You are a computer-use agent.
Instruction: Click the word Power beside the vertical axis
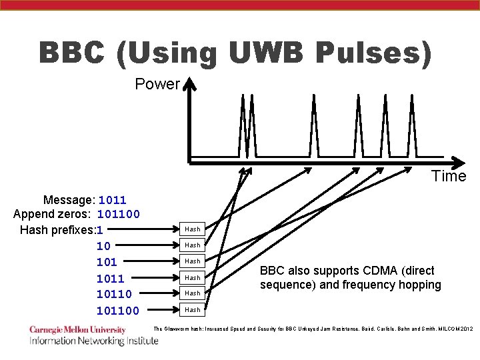[x=157, y=85]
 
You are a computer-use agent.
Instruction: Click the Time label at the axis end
[x=449, y=177]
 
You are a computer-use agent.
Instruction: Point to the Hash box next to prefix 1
[x=193, y=229]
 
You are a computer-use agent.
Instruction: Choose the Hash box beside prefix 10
[x=193, y=245]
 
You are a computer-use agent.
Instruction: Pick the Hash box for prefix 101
[x=193, y=261]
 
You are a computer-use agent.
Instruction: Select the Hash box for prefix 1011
[x=193, y=277]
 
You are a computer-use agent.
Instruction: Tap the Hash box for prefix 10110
[x=193, y=293]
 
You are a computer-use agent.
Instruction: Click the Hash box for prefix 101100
[x=193, y=310]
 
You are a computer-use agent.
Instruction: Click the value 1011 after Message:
[x=112, y=200]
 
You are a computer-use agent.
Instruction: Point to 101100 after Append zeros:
[x=119, y=215]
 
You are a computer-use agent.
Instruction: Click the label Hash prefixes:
[x=57, y=230]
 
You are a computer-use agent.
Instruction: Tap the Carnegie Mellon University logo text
[x=77, y=329]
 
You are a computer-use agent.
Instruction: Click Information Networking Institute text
[x=93, y=341]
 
